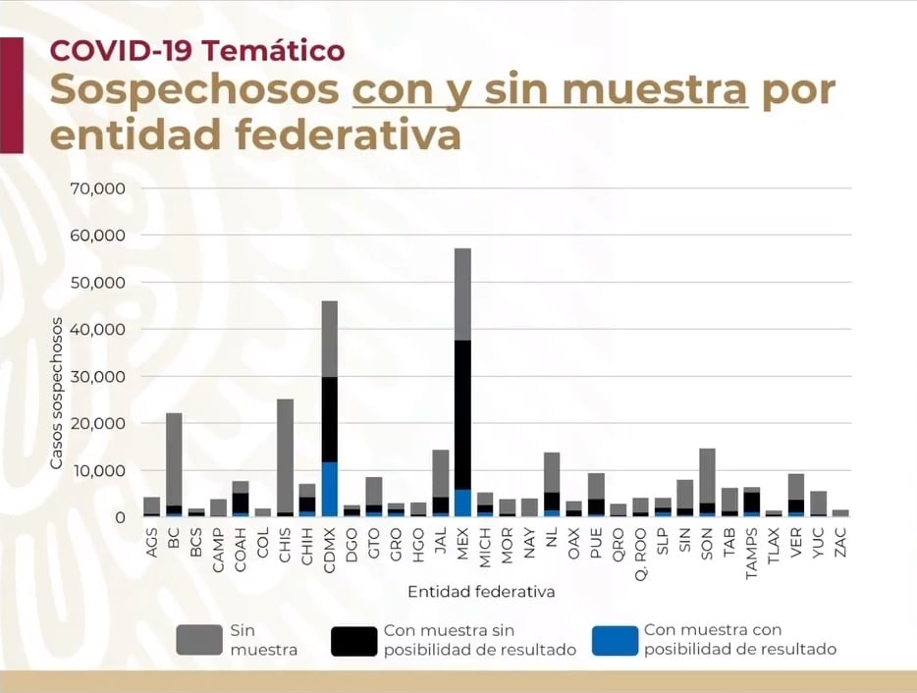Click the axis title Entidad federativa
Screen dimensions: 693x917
pyautogui.click(x=481, y=591)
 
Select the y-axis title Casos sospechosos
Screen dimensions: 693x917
pyautogui.click(x=58, y=394)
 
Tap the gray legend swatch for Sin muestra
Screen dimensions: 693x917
pyautogui.click(x=198, y=640)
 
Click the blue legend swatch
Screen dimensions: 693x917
pyautogui.click(x=614, y=640)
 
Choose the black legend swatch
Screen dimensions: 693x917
pyautogui.click(x=353, y=640)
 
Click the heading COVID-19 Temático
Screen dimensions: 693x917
pyautogui.click(x=196, y=49)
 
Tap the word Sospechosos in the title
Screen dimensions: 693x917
pyautogui.click(x=194, y=91)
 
